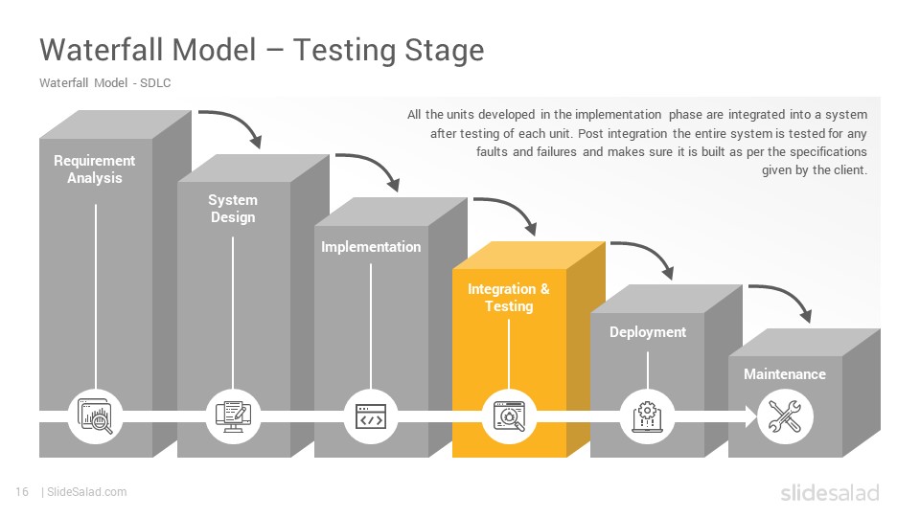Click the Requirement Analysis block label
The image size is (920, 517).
click(x=95, y=169)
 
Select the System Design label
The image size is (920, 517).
click(x=233, y=209)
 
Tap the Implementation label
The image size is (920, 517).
click(x=371, y=247)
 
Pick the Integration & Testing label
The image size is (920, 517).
click(x=509, y=298)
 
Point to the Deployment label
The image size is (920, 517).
click(x=648, y=332)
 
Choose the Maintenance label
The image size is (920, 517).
click(x=785, y=374)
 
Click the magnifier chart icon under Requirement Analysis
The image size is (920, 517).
click(x=95, y=416)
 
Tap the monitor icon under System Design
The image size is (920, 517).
click(x=233, y=416)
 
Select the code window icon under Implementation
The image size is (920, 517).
click(x=371, y=416)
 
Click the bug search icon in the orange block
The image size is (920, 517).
click(x=509, y=416)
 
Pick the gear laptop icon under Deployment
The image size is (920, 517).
click(x=647, y=416)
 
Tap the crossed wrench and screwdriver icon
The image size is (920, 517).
click(x=785, y=416)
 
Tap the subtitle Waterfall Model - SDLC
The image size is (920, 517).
click(x=105, y=83)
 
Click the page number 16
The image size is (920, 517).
click(x=22, y=492)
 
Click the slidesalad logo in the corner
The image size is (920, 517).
click(x=830, y=492)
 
